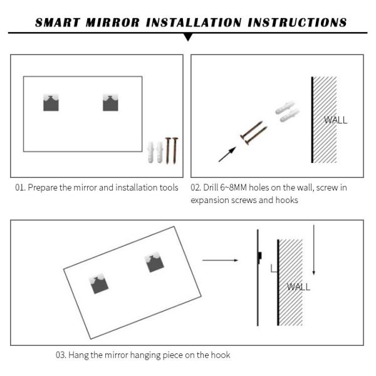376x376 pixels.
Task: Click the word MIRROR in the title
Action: [x=111, y=23]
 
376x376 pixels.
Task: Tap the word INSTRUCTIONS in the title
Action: [x=298, y=23]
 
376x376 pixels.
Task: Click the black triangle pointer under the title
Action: [x=188, y=38]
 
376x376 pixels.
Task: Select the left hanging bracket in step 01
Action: [x=51, y=102]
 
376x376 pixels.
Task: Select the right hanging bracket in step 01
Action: [x=110, y=102]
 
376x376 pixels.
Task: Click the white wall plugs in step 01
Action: [x=155, y=152]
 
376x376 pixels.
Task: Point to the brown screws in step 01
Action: [x=172, y=150]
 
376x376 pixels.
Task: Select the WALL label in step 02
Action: [x=335, y=120]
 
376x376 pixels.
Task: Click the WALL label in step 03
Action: [x=298, y=287]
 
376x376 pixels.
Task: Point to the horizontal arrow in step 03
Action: [x=220, y=259]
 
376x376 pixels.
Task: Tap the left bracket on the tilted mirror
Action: [x=98, y=283]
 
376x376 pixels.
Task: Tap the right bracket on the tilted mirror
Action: [x=154, y=263]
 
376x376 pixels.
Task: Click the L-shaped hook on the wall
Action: [x=273, y=268]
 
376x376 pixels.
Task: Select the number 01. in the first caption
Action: [x=21, y=187]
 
